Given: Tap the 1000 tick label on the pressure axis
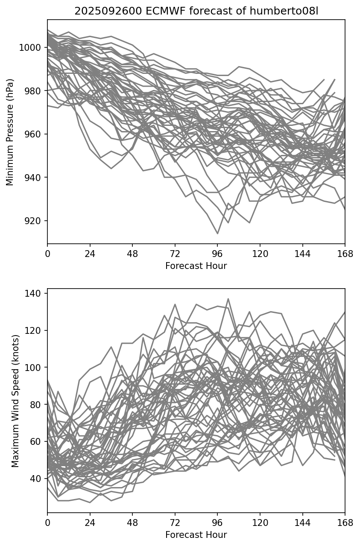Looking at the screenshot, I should point(31,47).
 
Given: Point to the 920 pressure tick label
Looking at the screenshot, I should point(33,221).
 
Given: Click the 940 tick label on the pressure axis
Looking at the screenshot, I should point(33,178).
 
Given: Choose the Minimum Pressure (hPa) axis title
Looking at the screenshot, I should point(10,132).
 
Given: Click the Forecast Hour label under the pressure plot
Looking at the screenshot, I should point(196,266).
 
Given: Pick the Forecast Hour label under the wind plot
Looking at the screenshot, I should point(196,535).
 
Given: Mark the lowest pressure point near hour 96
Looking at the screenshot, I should point(217,234).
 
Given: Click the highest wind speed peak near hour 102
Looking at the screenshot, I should point(228,299).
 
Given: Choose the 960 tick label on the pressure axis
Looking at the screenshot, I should point(33,134).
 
